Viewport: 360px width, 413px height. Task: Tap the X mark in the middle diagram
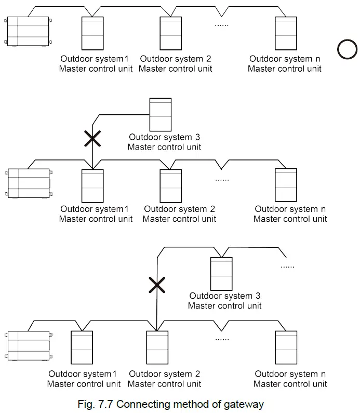[x=92, y=138]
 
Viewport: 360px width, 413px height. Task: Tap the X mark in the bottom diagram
[x=157, y=285]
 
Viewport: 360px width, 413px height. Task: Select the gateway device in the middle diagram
[x=29, y=182]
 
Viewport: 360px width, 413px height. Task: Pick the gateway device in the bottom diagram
[x=29, y=345]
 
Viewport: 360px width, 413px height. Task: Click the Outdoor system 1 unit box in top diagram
[x=92, y=34]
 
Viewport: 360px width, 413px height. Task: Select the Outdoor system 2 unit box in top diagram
[x=171, y=34]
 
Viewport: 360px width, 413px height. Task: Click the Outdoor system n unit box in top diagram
[x=286, y=34]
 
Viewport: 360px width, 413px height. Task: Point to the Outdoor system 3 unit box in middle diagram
[x=160, y=114]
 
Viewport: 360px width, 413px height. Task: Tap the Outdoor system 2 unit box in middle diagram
[x=171, y=185]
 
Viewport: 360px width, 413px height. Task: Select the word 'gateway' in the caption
[x=244, y=404]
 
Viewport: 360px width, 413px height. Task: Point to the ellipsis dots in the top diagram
[x=222, y=24]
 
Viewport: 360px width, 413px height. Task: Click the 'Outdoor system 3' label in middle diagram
[x=165, y=137]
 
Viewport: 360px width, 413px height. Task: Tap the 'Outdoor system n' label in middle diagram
[x=290, y=209]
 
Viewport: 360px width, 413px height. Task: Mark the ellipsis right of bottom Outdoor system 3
[x=287, y=266]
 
